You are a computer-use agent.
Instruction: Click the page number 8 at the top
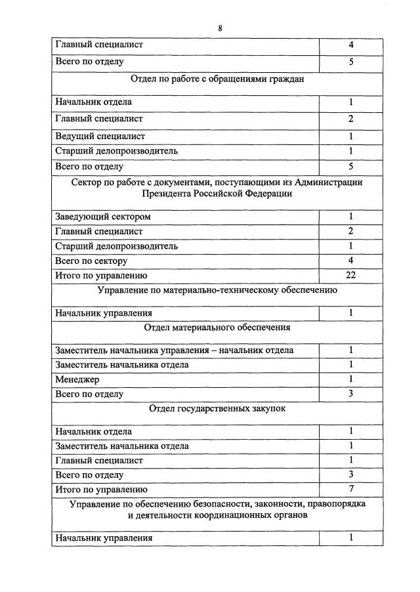pyautogui.click(x=220, y=28)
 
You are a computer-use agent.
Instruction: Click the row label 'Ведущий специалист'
pyautogui.click(x=100, y=137)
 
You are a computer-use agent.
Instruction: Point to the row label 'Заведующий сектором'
pyautogui.click(x=104, y=217)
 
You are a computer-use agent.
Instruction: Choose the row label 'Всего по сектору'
pyautogui.click(x=91, y=261)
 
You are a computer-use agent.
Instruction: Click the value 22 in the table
pyautogui.click(x=351, y=276)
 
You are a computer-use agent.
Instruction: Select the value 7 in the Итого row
pyautogui.click(x=351, y=490)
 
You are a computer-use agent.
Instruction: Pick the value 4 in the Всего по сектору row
pyautogui.click(x=351, y=261)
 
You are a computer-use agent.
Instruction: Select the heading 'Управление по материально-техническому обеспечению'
pyautogui.click(x=217, y=290)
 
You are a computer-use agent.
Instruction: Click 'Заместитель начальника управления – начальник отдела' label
pyautogui.click(x=175, y=350)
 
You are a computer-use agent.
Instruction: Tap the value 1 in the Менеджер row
pyautogui.click(x=351, y=379)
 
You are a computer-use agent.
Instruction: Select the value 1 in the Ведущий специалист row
pyautogui.click(x=351, y=137)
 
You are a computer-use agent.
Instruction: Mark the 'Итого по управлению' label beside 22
pyautogui.click(x=101, y=276)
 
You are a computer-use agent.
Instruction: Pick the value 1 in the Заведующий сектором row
pyautogui.click(x=351, y=217)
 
